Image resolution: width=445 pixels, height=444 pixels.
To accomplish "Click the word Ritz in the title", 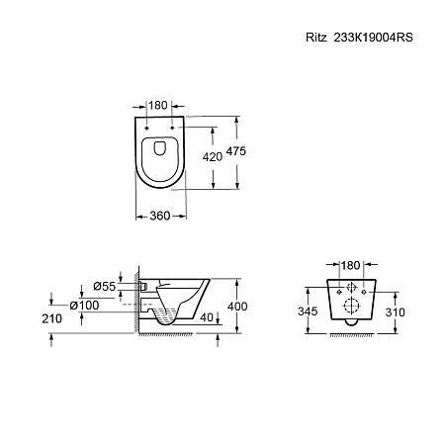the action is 315,38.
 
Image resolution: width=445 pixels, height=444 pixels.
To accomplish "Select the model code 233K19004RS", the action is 373,38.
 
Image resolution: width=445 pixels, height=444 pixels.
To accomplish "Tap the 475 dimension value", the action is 236,151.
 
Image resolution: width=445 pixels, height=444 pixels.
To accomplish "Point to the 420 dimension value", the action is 213,157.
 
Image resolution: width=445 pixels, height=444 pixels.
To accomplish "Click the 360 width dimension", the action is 160,216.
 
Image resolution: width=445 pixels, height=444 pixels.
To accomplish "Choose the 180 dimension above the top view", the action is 158,106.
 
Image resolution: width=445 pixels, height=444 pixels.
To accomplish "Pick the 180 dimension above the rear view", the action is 350,265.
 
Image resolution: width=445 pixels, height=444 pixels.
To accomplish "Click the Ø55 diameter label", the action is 105,286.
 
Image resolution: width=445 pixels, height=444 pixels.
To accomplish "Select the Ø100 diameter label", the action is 84,306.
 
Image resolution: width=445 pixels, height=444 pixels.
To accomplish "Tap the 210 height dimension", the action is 52,318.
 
